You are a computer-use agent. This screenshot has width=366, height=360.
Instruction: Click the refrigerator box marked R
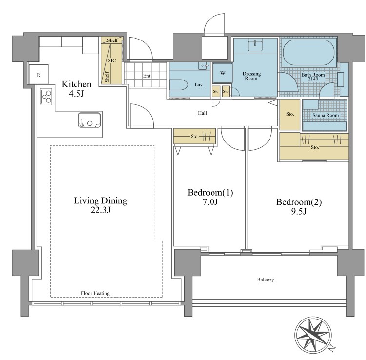click(39, 74)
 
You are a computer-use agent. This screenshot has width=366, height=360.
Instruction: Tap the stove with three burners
click(46, 97)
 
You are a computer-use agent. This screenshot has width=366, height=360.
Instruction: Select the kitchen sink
click(90, 120)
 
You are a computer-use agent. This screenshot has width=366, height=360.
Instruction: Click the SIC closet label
click(112, 60)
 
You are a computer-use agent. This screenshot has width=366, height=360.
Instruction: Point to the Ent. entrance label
click(147, 76)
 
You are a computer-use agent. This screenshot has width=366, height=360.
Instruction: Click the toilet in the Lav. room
click(178, 85)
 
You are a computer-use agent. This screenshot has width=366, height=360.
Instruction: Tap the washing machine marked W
click(223, 73)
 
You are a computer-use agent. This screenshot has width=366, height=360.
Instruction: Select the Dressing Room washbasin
click(255, 44)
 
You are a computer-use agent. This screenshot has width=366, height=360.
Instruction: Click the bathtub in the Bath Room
click(308, 52)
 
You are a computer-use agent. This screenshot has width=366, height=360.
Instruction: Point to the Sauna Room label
click(326, 115)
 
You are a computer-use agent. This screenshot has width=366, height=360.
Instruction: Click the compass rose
click(312, 336)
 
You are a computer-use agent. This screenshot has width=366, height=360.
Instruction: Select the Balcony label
click(266, 280)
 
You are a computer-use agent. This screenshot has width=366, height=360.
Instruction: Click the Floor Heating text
click(95, 293)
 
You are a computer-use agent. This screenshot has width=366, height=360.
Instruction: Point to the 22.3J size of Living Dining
click(100, 210)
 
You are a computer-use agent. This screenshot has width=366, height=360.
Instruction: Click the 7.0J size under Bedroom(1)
click(211, 201)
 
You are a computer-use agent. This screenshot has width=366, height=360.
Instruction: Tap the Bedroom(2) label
click(299, 202)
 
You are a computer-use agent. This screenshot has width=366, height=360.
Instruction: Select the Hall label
click(202, 113)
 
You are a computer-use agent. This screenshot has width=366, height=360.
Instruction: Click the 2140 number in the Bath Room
click(313, 79)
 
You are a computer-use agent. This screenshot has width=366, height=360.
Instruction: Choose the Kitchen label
click(77, 84)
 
